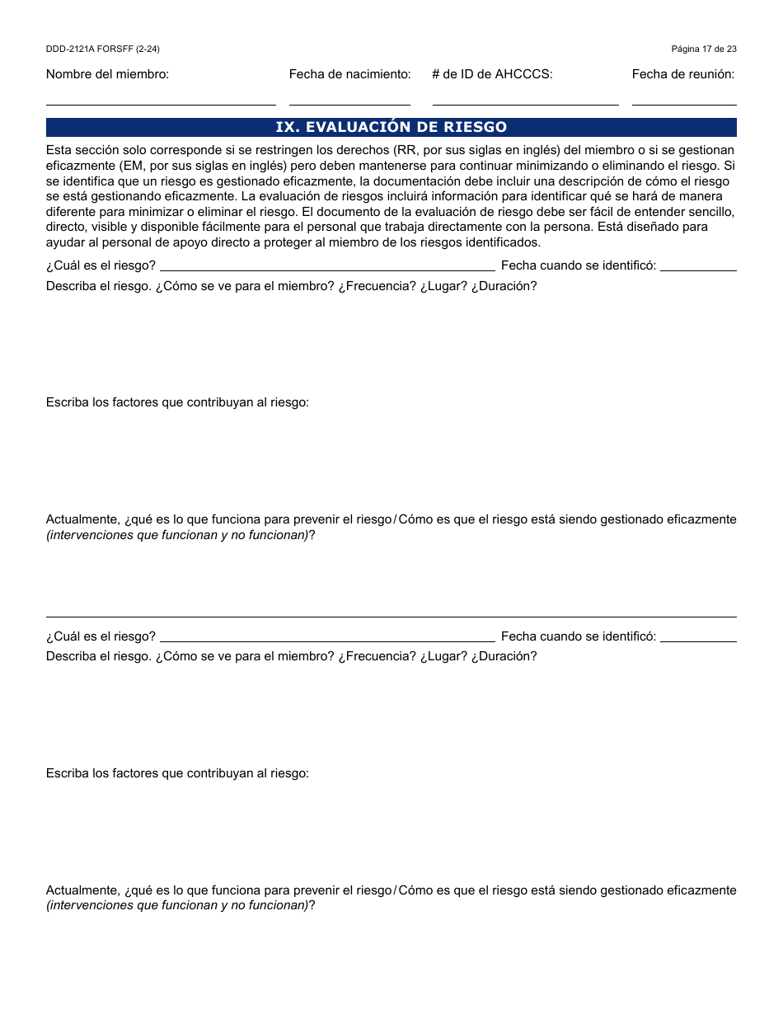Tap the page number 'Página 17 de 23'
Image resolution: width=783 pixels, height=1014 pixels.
point(704,49)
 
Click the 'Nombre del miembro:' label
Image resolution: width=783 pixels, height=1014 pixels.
point(107,74)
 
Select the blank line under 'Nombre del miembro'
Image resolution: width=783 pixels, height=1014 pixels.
point(161,104)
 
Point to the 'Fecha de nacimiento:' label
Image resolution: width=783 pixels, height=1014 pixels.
point(349,74)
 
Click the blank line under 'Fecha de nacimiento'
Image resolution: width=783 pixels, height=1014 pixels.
point(349,104)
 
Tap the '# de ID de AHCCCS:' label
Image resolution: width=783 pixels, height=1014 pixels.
point(492,74)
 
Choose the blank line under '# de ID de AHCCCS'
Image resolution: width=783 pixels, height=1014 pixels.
point(525,104)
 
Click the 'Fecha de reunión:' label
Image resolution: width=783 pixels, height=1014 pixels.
point(683,74)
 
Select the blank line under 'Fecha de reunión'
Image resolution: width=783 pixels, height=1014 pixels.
point(684,104)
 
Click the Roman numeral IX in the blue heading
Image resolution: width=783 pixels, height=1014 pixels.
point(285,127)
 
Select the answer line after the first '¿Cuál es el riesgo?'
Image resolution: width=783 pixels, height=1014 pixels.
point(327,269)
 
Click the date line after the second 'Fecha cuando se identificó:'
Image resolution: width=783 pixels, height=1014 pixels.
point(698,640)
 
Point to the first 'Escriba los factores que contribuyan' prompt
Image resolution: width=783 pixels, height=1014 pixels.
point(177,403)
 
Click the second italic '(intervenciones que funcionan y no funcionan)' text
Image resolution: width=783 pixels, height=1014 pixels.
point(177,905)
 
